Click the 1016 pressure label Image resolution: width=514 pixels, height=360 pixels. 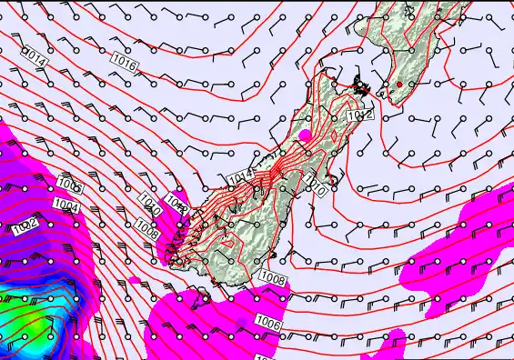pos(125,65)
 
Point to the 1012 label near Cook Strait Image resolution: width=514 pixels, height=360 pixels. pos(361,115)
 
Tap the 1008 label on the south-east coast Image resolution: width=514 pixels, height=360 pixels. pos(271,276)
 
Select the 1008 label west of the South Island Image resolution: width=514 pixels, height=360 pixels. pos(146,225)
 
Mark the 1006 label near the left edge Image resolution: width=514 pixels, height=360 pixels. pos(70,185)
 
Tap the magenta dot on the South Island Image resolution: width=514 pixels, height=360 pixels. pos(305,135)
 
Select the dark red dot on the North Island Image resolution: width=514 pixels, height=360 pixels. pos(398,85)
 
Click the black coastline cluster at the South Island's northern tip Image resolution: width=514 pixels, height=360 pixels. pos(363,87)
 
